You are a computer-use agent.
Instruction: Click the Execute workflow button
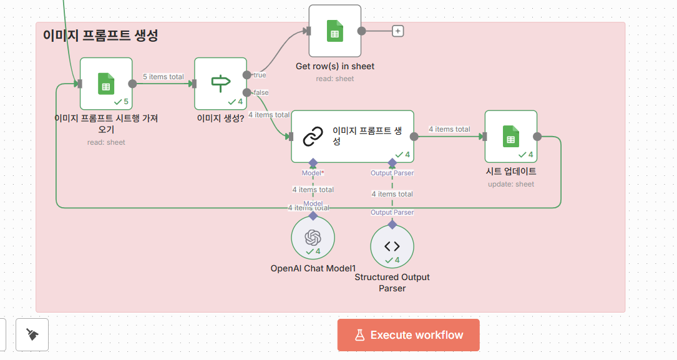click(x=408, y=335)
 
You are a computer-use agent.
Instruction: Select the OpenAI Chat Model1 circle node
click(x=313, y=238)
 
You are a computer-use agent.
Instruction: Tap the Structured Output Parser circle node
click(x=392, y=246)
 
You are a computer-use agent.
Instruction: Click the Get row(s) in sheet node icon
click(x=334, y=31)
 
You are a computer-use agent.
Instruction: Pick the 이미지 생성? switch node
click(x=220, y=83)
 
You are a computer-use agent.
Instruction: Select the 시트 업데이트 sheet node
click(x=510, y=136)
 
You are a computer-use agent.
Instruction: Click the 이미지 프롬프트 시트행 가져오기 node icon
click(x=105, y=83)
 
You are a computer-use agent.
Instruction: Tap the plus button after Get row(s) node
click(x=397, y=31)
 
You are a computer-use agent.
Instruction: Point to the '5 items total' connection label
click(x=163, y=77)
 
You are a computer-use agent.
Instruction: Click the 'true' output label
click(x=259, y=75)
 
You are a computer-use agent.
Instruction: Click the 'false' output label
click(x=261, y=92)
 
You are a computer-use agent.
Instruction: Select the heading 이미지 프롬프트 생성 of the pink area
click(x=100, y=36)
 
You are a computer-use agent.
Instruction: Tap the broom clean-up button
click(x=32, y=335)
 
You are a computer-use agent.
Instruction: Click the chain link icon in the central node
click(x=313, y=136)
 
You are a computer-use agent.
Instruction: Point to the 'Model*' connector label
click(x=313, y=173)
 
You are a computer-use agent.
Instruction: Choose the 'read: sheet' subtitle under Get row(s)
click(x=334, y=79)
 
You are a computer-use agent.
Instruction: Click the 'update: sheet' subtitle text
click(x=510, y=184)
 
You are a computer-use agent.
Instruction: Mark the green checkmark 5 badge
click(x=121, y=101)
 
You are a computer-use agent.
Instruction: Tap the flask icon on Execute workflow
click(x=359, y=335)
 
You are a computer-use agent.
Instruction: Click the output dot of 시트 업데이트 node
click(x=537, y=137)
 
